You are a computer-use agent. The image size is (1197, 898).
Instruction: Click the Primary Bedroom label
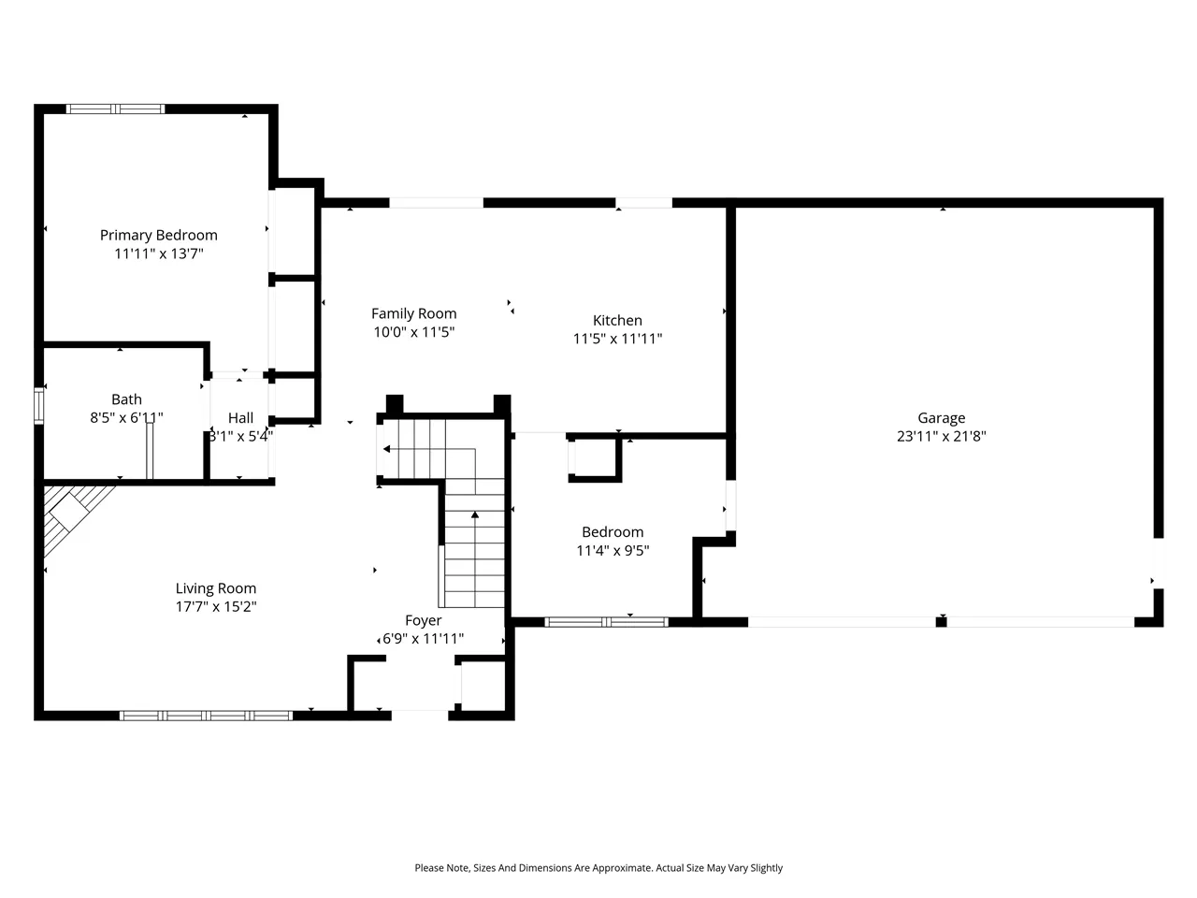point(159,236)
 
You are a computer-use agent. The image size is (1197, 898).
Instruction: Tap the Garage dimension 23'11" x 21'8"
point(942,436)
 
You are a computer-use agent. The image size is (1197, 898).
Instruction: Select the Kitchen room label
point(617,320)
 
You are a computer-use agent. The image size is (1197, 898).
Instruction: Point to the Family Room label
point(414,314)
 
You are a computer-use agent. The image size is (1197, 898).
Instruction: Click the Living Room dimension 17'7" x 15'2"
point(216,606)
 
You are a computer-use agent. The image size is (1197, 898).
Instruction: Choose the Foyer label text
point(424,620)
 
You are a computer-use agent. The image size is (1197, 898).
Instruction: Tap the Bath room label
point(126,399)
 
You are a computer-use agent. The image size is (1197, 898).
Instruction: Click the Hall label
point(240,417)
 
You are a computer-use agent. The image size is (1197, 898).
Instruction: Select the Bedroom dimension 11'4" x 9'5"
point(613,550)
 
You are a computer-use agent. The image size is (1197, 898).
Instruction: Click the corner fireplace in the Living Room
point(71,515)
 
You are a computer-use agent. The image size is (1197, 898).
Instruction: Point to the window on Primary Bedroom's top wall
point(115,109)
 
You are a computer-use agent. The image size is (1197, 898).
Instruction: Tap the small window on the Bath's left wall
point(38,406)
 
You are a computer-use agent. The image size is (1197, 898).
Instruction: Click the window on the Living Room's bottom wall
point(206,716)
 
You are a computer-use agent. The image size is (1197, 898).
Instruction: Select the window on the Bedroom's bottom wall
point(606,622)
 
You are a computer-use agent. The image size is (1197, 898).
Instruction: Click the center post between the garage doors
point(942,621)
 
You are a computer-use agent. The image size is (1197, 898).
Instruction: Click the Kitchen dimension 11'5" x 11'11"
point(617,339)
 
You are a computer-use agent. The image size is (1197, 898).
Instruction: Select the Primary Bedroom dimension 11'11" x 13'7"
point(159,253)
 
